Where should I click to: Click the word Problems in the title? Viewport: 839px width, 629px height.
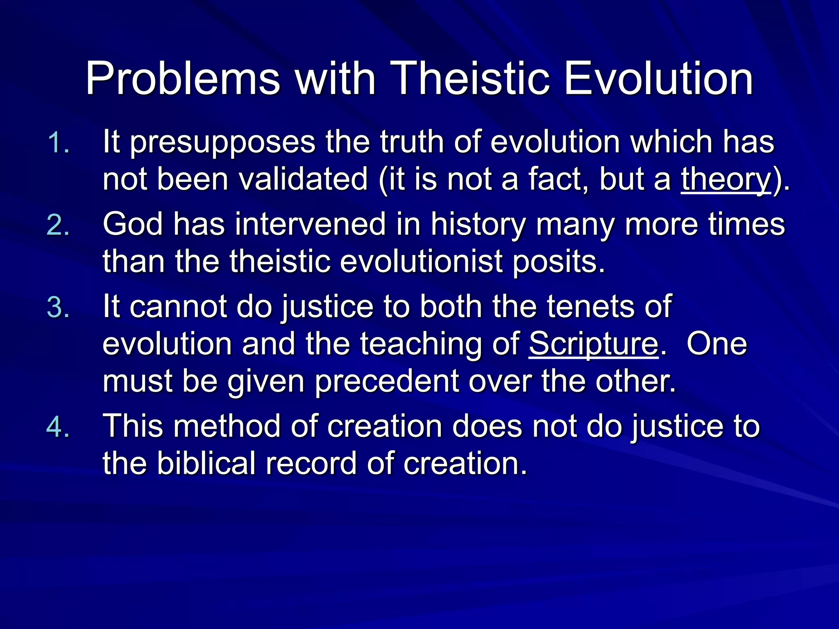[x=183, y=79]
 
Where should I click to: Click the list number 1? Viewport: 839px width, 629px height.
[x=58, y=143]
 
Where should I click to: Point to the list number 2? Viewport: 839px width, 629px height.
[x=58, y=226]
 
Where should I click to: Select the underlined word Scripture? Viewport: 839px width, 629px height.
[x=593, y=344]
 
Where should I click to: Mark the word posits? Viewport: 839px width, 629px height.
[x=559, y=262]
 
